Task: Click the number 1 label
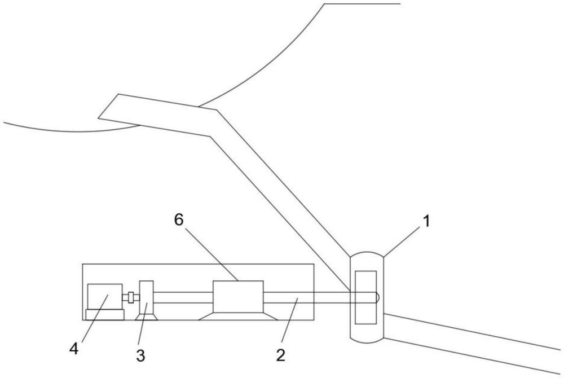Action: (x=426, y=221)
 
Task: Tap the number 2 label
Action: (x=280, y=355)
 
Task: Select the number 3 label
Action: (x=140, y=355)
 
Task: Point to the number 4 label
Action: (x=74, y=349)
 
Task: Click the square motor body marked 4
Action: (x=105, y=297)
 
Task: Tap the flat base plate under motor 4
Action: (x=105, y=315)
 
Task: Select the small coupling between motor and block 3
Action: (x=131, y=298)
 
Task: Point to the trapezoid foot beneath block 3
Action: (x=146, y=317)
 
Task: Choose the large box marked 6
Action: (x=238, y=297)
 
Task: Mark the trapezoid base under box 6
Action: (x=238, y=316)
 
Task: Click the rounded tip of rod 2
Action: (x=377, y=297)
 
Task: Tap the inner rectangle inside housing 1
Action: (x=366, y=297)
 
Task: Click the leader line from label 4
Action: (x=95, y=318)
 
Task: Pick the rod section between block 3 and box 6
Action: (x=183, y=297)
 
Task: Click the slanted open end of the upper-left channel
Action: (x=109, y=106)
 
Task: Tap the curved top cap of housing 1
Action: (x=367, y=252)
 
